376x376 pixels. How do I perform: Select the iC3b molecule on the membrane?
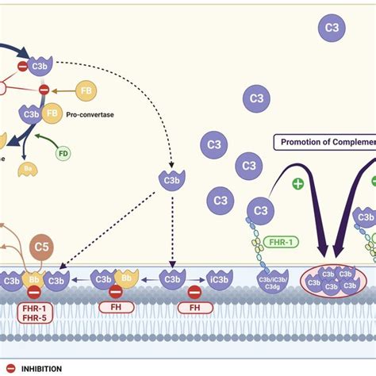click(x=219, y=280)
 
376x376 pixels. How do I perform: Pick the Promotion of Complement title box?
click(x=324, y=143)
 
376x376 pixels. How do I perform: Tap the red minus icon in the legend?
click(x=10, y=368)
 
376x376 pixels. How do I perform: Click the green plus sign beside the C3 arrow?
click(x=297, y=184)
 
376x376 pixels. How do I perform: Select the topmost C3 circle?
click(x=332, y=29)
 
